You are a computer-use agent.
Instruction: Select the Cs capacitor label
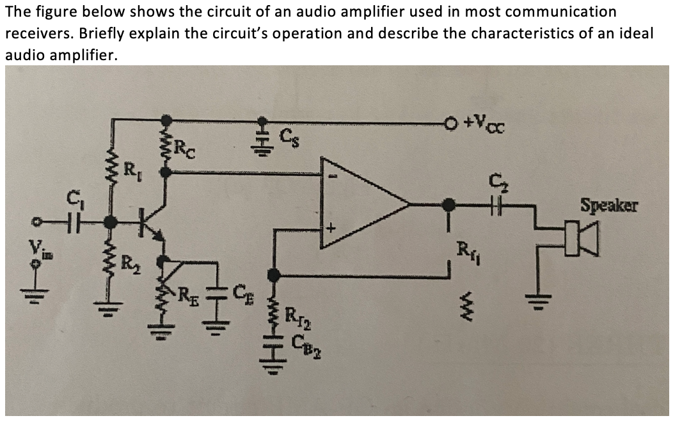(290, 135)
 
